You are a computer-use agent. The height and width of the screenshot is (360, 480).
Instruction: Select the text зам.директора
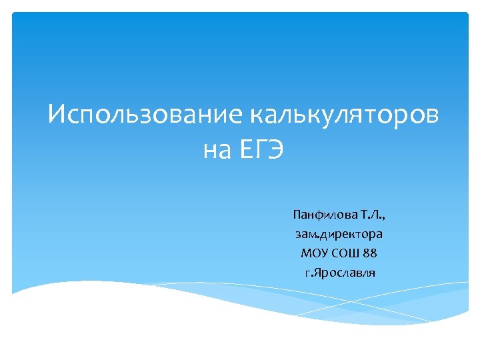click(339, 234)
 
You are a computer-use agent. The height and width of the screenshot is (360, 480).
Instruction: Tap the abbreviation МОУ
click(313, 253)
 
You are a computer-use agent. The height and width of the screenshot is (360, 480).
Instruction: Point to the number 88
click(370, 253)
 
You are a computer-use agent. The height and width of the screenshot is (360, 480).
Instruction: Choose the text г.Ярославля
click(339, 273)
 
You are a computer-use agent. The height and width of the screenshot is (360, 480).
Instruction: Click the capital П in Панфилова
click(297, 215)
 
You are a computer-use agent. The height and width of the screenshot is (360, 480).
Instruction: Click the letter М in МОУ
click(306, 253)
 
